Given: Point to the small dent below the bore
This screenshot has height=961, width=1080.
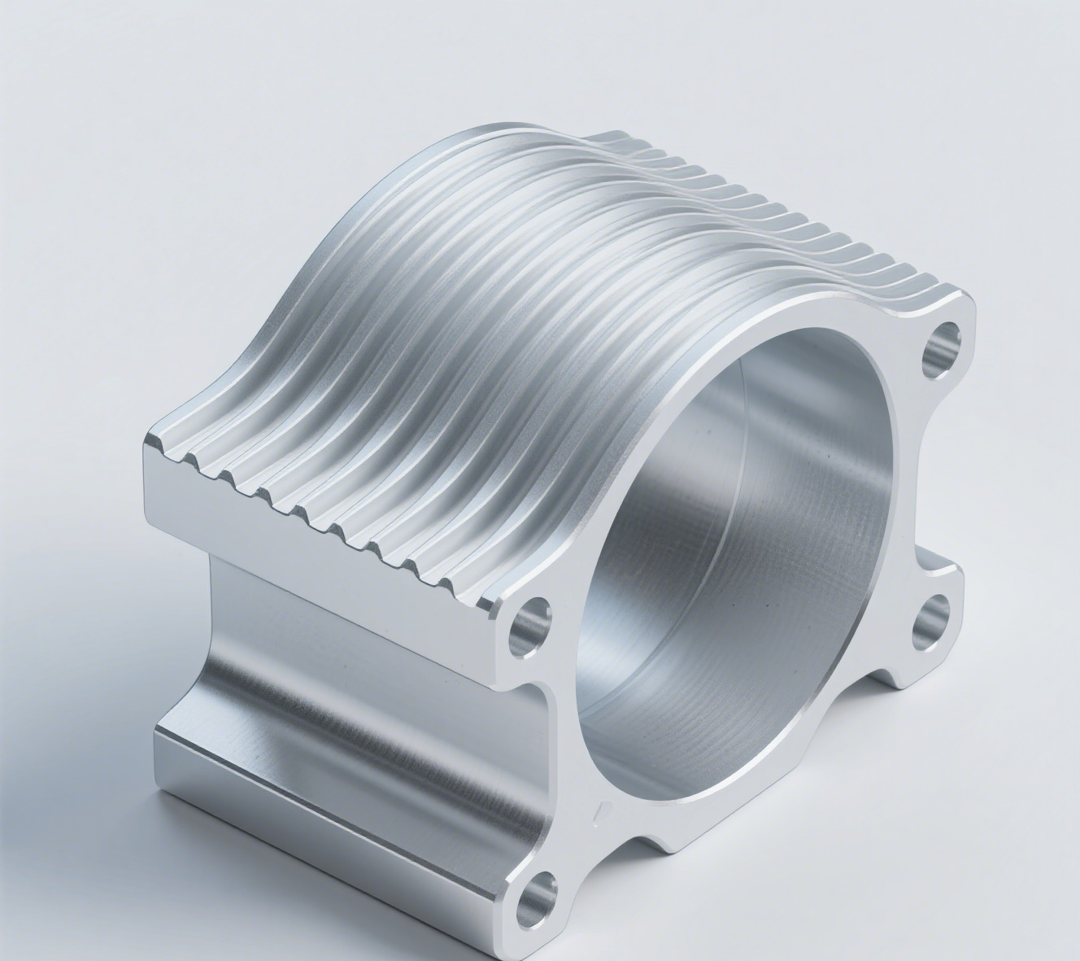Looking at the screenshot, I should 600,810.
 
